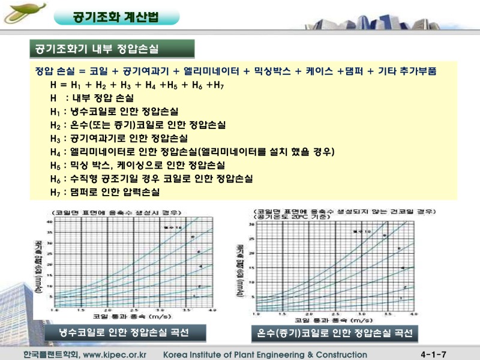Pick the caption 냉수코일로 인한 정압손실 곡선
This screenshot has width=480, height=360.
click(124, 332)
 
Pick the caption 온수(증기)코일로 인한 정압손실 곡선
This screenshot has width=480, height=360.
click(334, 333)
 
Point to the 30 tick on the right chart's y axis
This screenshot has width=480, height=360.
click(253, 224)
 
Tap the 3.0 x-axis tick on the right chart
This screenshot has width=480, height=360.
click(361, 314)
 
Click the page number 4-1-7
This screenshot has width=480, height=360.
click(437, 355)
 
